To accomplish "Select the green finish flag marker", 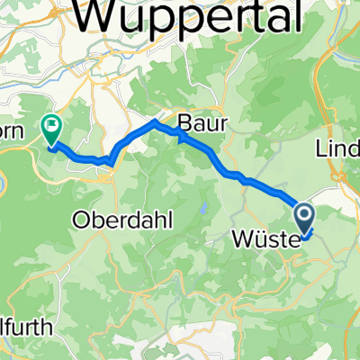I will click(x=51, y=130).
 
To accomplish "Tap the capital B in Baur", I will click(x=184, y=122).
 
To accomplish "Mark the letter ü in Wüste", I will click(x=251, y=239).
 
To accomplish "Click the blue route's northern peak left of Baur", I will click(x=156, y=121).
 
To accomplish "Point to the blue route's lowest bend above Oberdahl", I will click(x=110, y=163).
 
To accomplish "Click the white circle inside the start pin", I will click(x=303, y=214).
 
